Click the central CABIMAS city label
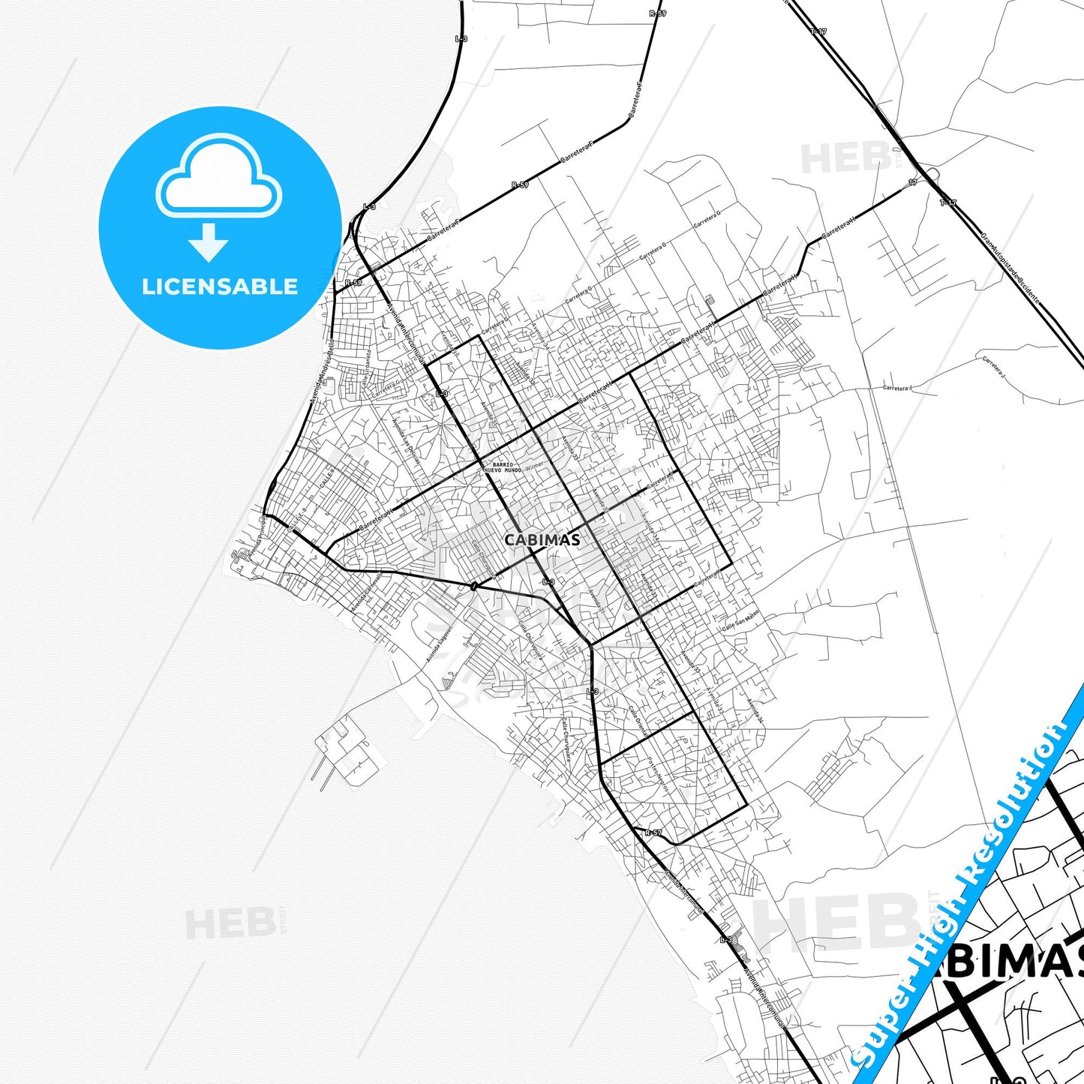pos(542,539)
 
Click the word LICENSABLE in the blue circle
pos(220,287)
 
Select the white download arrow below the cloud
pos(209,242)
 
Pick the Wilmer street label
pos(534,467)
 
